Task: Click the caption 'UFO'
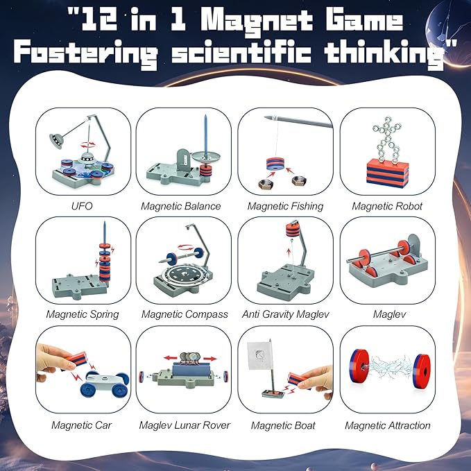(x=82, y=206)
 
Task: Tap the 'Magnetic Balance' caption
(x=180, y=206)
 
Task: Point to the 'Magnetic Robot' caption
(x=386, y=206)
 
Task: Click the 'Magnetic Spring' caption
(x=82, y=314)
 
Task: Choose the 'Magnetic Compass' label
(x=185, y=314)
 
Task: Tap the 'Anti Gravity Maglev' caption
(x=285, y=314)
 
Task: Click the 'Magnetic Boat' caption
(x=283, y=425)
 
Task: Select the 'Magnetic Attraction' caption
(x=388, y=425)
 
